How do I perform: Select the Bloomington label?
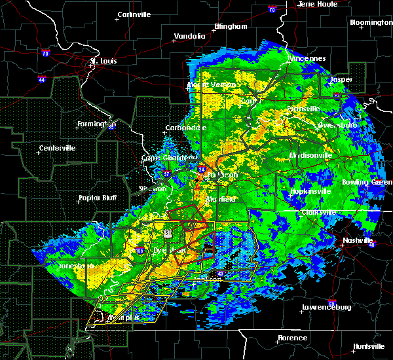tap(371, 22)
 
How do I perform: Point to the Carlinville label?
tap(135, 14)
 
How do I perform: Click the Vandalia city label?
tap(189, 37)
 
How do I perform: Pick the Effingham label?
tap(231, 27)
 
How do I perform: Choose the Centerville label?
tap(58, 148)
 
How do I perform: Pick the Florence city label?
tap(292, 338)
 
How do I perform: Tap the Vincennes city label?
tap(308, 58)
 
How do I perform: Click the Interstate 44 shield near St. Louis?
tap(41, 79)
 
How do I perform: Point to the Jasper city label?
tap(341, 80)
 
